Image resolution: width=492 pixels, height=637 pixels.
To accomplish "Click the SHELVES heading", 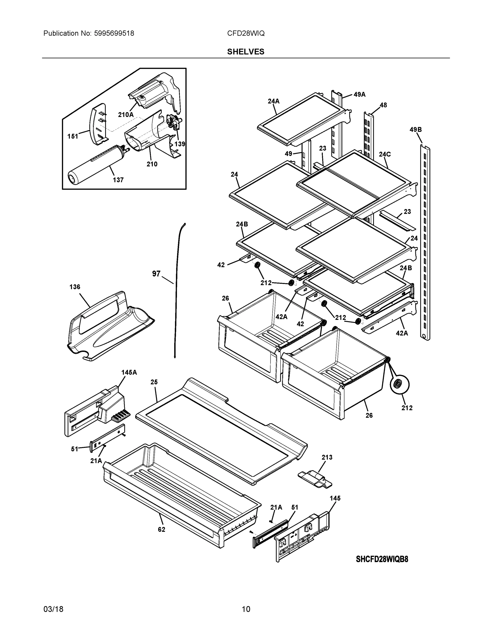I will pyautogui.click(x=245, y=52).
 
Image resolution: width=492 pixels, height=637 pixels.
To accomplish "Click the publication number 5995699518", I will pyautogui.click(x=114, y=33).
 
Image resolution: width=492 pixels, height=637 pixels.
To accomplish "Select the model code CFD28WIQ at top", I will pyautogui.click(x=246, y=33).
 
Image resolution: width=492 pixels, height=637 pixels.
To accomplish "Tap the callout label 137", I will pyautogui.click(x=118, y=180).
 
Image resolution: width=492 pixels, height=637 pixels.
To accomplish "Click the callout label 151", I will pyautogui.click(x=73, y=136).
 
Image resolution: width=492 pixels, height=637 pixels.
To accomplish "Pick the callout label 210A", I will pyautogui.click(x=126, y=115).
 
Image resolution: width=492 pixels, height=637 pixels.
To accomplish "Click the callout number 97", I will pyautogui.click(x=156, y=274).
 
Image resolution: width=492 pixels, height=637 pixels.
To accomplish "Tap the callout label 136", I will pyautogui.click(x=75, y=287).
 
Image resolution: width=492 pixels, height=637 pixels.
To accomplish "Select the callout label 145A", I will pyautogui.click(x=129, y=372).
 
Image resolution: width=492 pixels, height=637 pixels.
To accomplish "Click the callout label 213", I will pyautogui.click(x=327, y=457).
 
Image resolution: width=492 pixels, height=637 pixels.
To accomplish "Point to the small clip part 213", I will pyautogui.click(x=315, y=478).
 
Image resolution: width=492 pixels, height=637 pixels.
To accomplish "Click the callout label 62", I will pyautogui.click(x=162, y=530).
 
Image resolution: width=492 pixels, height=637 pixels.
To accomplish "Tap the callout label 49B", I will pyautogui.click(x=415, y=130).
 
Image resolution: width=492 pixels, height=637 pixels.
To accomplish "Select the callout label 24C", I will pyautogui.click(x=385, y=154).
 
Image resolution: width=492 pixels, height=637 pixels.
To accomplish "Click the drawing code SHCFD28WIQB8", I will pyautogui.click(x=382, y=559).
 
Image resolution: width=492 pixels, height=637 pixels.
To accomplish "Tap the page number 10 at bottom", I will pyautogui.click(x=246, y=609).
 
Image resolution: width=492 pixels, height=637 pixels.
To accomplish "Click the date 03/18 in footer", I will pyautogui.click(x=53, y=609).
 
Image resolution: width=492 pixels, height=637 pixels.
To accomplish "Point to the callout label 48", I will pyautogui.click(x=383, y=105).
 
